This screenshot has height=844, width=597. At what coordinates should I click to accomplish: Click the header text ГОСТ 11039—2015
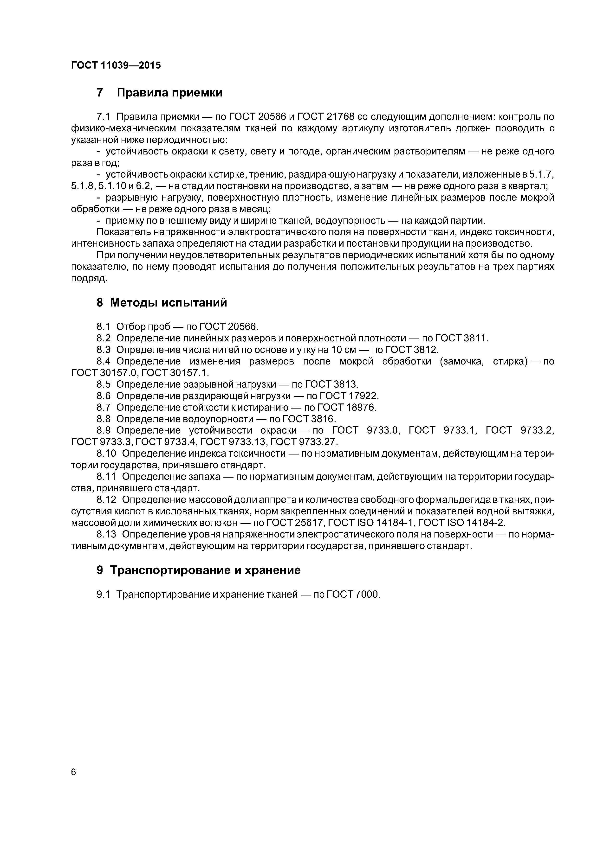coord(116,65)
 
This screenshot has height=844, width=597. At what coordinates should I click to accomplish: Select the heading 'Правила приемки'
coord(169,93)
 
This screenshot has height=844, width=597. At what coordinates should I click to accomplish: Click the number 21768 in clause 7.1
coord(339,117)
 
